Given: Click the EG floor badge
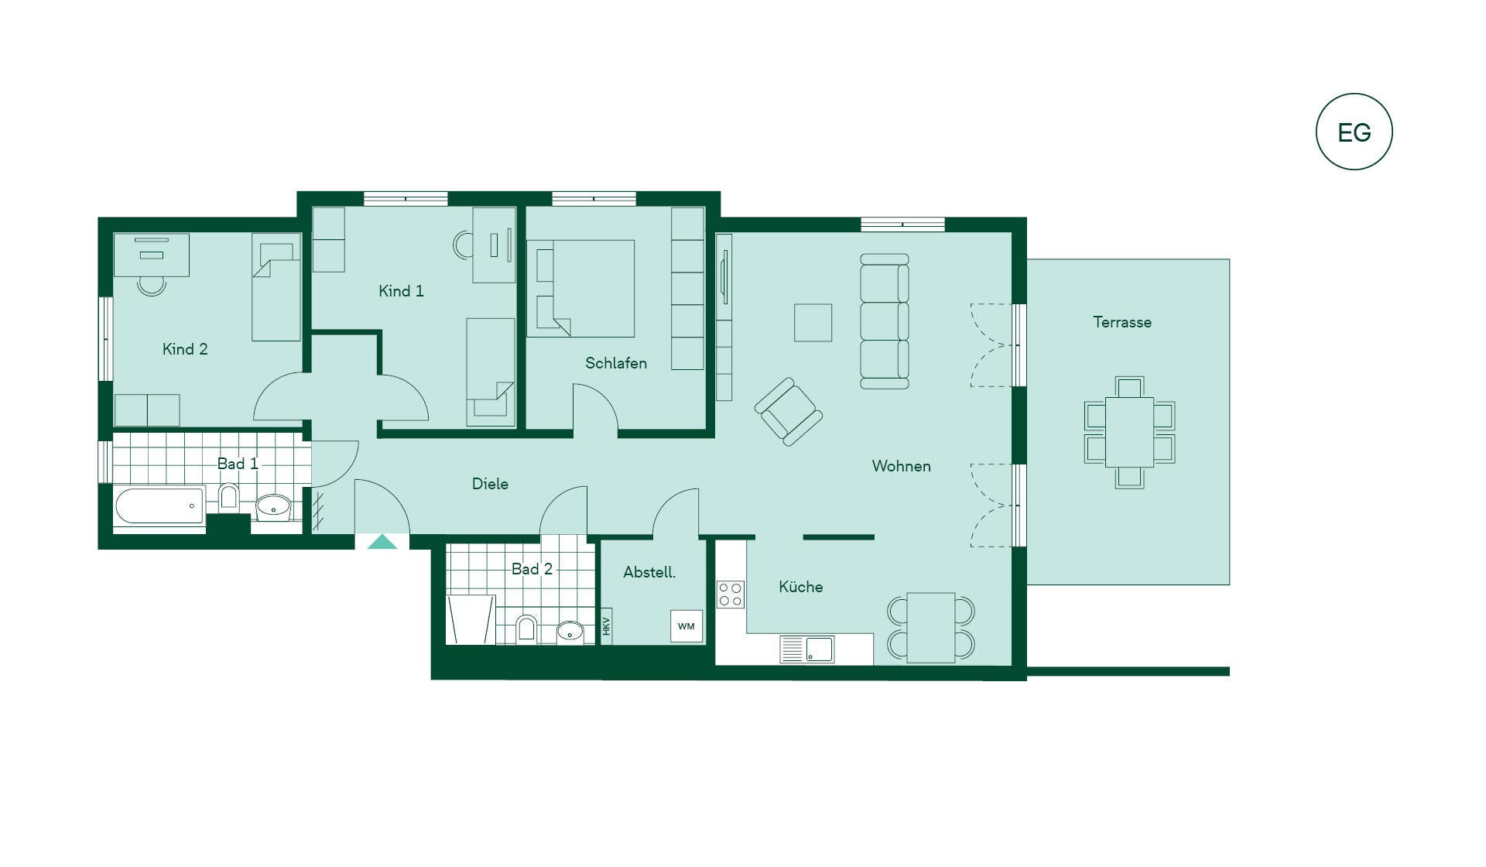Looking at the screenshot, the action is pyautogui.click(x=1354, y=132).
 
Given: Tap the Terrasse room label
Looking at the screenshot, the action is pyautogui.click(x=1121, y=322).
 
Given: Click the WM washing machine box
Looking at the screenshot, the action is pyautogui.click(x=687, y=626).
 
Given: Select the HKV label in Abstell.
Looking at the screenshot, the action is pyautogui.click(x=607, y=626).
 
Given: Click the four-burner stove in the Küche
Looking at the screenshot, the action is pyautogui.click(x=730, y=594).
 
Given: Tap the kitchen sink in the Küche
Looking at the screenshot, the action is pyautogui.click(x=807, y=649).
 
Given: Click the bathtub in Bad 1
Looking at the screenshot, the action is pyautogui.click(x=159, y=506).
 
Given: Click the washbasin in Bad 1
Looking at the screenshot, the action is pyautogui.click(x=272, y=508).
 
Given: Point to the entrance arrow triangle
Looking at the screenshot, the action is pyautogui.click(x=382, y=542).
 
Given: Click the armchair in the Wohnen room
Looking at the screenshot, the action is pyautogui.click(x=788, y=412).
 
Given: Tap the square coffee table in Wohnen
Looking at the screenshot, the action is pyautogui.click(x=813, y=323).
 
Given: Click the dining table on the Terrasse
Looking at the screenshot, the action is pyautogui.click(x=1129, y=432).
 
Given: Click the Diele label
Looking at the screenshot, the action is pyautogui.click(x=490, y=484).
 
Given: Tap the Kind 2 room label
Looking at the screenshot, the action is pyautogui.click(x=185, y=349).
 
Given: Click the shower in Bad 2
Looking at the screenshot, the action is pyautogui.click(x=471, y=619).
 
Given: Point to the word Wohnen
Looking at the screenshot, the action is pyautogui.click(x=901, y=466).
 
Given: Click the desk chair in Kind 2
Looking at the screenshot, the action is pyautogui.click(x=152, y=286).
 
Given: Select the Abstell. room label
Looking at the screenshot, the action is pyautogui.click(x=649, y=572).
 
